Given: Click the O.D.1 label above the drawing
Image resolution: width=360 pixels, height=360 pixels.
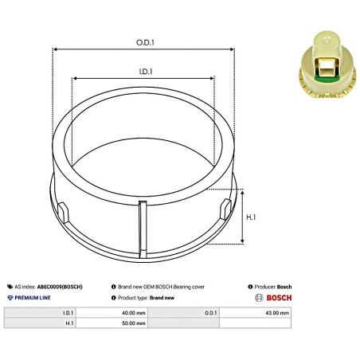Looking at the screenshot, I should coord(143,41).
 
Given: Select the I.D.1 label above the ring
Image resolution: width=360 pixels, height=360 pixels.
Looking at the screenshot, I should coord(144,71).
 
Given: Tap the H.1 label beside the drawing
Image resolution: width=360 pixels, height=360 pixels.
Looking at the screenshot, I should coord(249,217).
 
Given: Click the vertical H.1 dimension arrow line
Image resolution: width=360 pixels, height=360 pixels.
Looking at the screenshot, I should coord(241,217).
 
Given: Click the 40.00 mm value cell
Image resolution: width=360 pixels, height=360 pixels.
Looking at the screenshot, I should coord(135,314).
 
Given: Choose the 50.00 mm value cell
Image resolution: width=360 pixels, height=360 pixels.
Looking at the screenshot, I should coord(135,323).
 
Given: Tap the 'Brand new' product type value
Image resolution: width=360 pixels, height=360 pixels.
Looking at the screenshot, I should coord(162,297).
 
